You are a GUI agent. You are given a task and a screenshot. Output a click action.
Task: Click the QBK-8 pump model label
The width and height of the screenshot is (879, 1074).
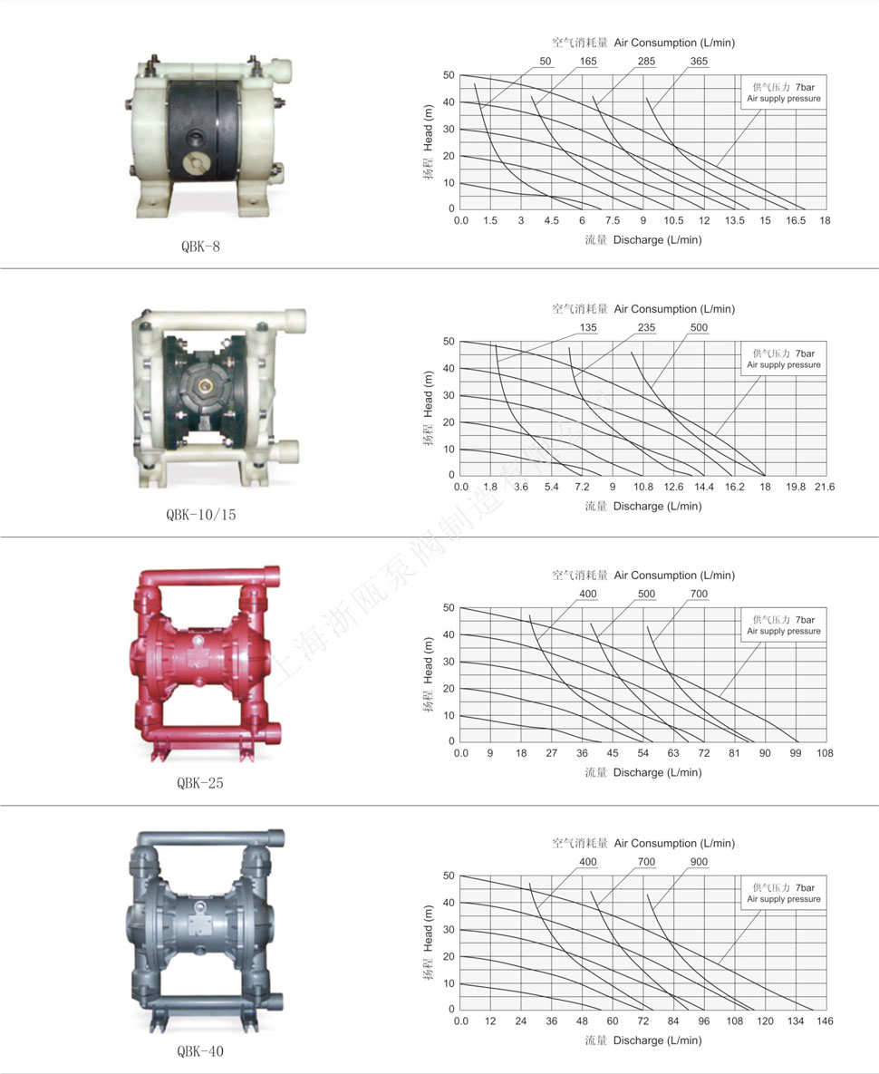tap(200, 247)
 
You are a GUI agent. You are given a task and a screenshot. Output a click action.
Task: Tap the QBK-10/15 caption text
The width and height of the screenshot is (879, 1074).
tap(200, 515)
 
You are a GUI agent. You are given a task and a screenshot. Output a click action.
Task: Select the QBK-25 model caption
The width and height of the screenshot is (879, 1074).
tap(200, 783)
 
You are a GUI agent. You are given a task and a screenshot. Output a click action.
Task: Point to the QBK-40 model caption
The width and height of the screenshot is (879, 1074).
tap(200, 1050)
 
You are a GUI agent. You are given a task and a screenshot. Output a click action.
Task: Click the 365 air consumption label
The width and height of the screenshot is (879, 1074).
tap(699, 61)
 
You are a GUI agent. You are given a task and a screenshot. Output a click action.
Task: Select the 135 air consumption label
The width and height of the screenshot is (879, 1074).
tap(588, 327)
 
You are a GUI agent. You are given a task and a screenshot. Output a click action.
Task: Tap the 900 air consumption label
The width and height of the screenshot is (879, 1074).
tap(699, 862)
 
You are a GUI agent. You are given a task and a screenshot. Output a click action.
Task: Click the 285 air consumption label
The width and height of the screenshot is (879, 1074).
tap(646, 61)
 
